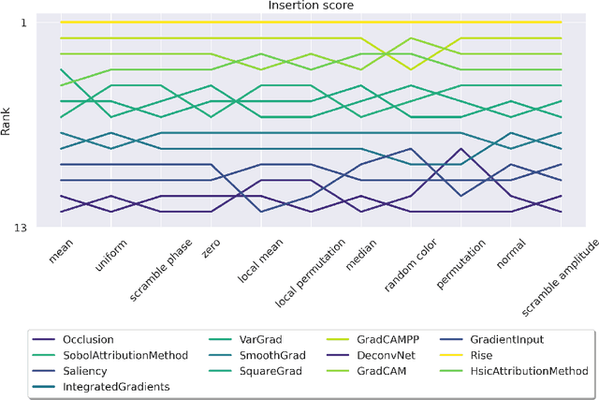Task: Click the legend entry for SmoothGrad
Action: coord(245,356)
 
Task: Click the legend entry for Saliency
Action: coord(84,371)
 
